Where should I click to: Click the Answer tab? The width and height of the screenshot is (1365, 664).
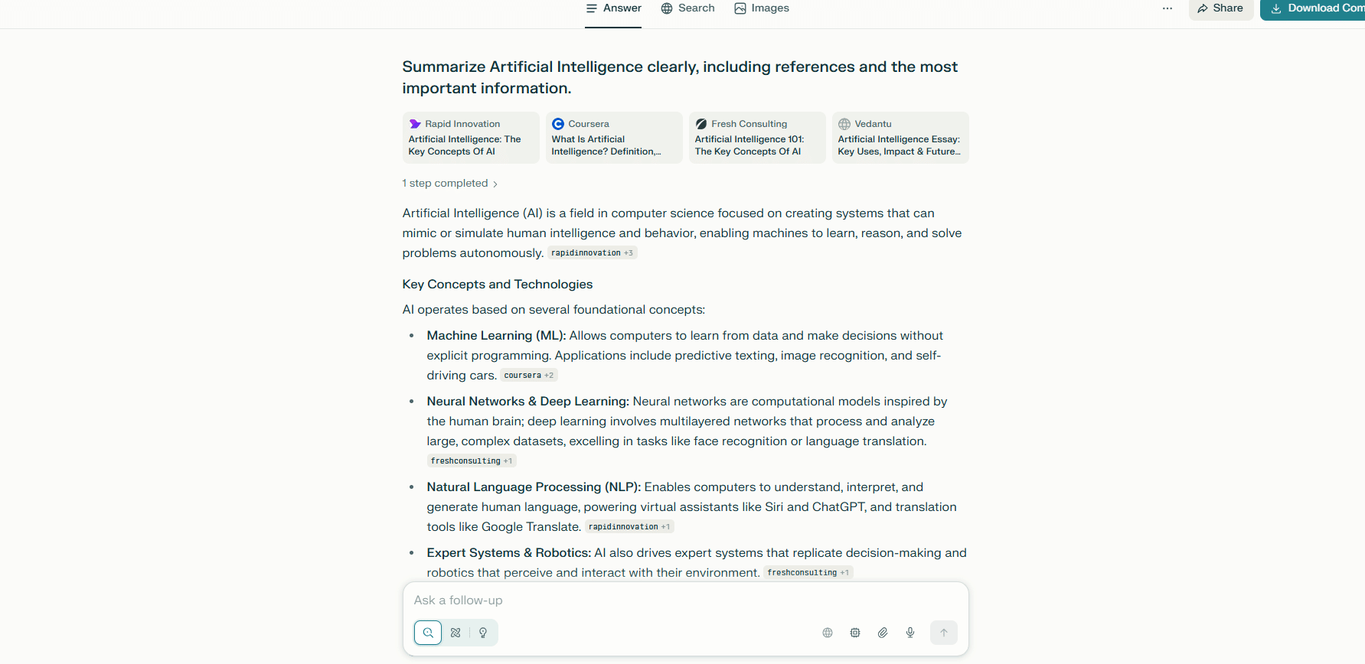[x=613, y=8]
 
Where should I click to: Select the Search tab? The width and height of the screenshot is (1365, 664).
[x=687, y=8]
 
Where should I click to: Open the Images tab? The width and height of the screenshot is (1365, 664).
[x=761, y=8]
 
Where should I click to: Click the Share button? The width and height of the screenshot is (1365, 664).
[x=1220, y=8]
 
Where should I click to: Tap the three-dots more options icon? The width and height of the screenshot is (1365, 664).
[x=1167, y=8]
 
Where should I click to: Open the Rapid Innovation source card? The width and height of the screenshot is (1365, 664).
[x=471, y=138]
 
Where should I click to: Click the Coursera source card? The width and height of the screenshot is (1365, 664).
[x=614, y=138]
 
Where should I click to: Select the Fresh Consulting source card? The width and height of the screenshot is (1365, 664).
[x=757, y=138]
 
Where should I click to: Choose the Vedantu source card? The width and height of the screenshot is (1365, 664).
[x=900, y=138]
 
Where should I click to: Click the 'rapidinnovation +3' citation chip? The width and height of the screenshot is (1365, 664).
[x=592, y=253]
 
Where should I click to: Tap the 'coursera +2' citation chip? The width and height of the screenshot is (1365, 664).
[x=528, y=376]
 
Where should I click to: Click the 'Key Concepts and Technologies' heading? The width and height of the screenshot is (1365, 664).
[x=498, y=285]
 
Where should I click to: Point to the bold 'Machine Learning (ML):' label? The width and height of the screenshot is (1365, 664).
[x=496, y=336]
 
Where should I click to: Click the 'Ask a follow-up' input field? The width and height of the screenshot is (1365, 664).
[x=674, y=601]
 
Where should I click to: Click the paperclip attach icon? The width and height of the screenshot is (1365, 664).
[x=883, y=633]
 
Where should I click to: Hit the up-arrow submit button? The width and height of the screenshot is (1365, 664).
[x=944, y=633]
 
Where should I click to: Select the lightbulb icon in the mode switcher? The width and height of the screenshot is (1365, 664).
[x=483, y=633]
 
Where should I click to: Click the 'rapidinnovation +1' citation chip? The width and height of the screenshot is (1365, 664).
[x=629, y=527]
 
